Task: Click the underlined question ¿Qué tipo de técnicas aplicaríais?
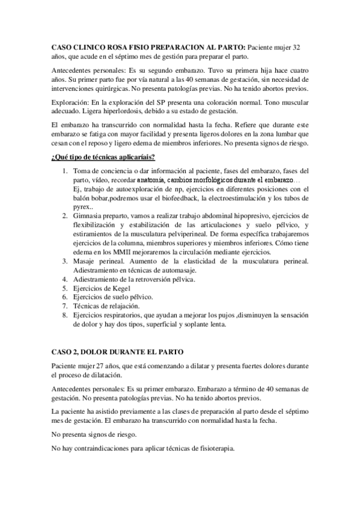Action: coord(103,158)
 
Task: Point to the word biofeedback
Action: coord(195,197)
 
